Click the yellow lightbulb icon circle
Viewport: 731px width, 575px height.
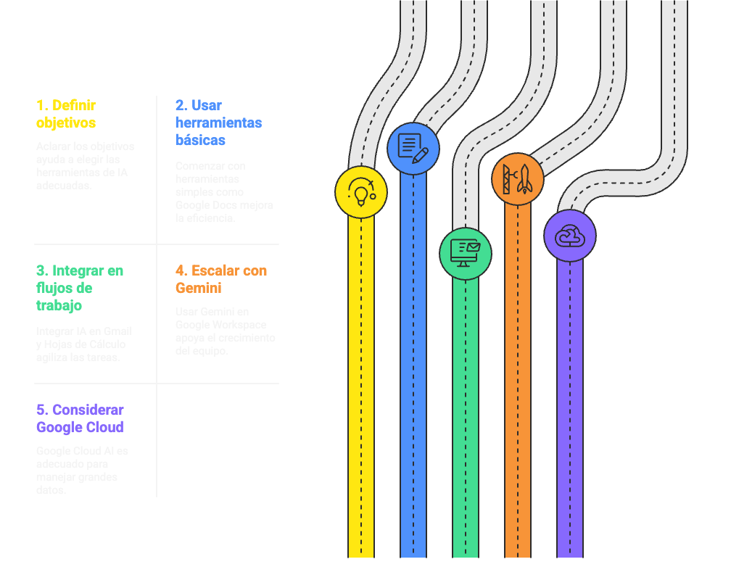360,192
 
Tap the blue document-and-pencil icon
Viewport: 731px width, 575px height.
413,149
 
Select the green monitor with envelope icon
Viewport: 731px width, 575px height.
465,253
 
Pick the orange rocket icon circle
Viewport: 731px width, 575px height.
517,178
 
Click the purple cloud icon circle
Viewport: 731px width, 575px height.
569,236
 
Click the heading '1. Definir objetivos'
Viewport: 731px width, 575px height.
66,114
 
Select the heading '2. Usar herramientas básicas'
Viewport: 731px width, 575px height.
218,123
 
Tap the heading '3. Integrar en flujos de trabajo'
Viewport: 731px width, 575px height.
80,288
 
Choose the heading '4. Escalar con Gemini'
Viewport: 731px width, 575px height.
221,279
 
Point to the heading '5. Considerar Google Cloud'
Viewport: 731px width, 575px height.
80,418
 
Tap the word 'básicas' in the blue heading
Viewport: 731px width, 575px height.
200,140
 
